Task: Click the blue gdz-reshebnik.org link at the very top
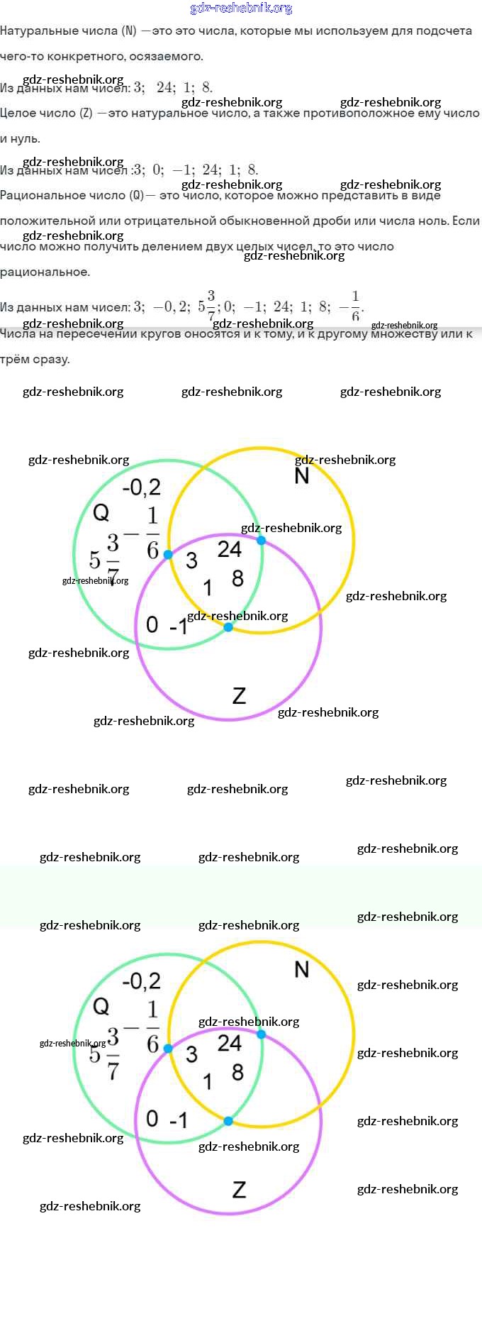coord(241,9)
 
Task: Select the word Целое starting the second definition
coord(18,113)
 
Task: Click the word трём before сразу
coord(15,359)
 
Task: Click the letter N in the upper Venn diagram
coord(302,475)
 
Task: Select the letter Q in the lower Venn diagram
coord(101,1006)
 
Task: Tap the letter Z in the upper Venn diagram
coord(240,696)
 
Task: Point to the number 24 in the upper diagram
coord(230,548)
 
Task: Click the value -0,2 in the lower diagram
coord(142,981)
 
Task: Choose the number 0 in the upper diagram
coord(152,624)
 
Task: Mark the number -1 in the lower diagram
coord(179,1120)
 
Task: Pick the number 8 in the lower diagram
coord(237,1072)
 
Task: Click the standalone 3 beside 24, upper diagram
coord(191,560)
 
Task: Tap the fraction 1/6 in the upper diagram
coord(152,532)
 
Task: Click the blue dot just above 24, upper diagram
coord(261,541)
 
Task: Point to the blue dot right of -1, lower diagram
coord(228,1121)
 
